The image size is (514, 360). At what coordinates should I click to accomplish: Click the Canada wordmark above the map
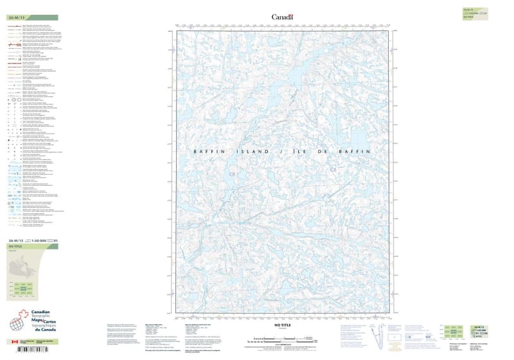click(282, 17)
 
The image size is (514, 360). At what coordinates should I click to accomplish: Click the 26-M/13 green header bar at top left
click(32, 18)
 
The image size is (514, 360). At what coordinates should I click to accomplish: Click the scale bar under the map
click(283, 335)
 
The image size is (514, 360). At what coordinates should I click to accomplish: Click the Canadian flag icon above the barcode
click(14, 341)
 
